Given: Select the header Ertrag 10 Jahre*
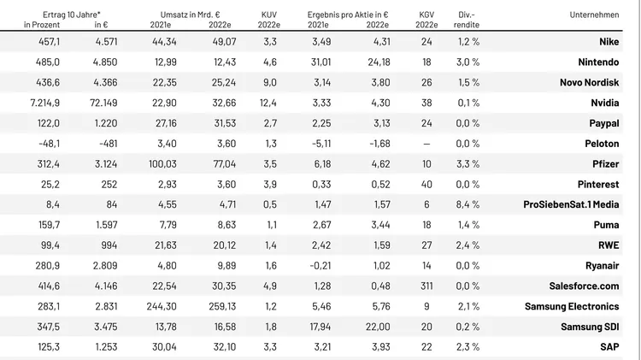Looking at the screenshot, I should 72,15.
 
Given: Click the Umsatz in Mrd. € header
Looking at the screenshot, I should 191,15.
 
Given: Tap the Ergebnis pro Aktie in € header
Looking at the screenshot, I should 348,15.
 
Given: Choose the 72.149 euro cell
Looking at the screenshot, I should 106,103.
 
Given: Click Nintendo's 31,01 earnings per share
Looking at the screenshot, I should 321,62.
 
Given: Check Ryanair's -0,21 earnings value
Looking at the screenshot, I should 320,265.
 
